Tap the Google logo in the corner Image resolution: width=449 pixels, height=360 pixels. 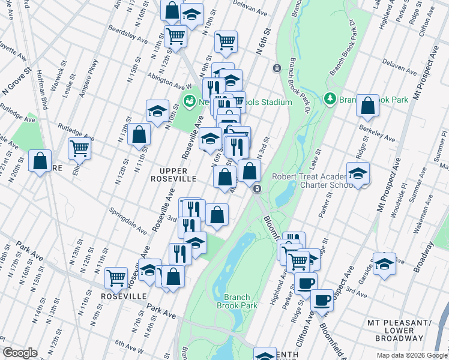click(20, 353)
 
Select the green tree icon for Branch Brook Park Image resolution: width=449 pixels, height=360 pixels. click(329, 98)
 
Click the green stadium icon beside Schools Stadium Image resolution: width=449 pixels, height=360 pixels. click(190, 101)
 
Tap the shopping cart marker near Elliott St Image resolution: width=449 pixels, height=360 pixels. click(79, 147)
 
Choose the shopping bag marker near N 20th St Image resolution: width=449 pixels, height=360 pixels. click(40, 161)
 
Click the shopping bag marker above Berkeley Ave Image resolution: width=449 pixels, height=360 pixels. click(367, 105)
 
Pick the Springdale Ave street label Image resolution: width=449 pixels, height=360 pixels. click(127, 221)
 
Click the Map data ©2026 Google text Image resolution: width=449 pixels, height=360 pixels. click(412, 355)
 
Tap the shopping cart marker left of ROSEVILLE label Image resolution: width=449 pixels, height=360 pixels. click(116, 278)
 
